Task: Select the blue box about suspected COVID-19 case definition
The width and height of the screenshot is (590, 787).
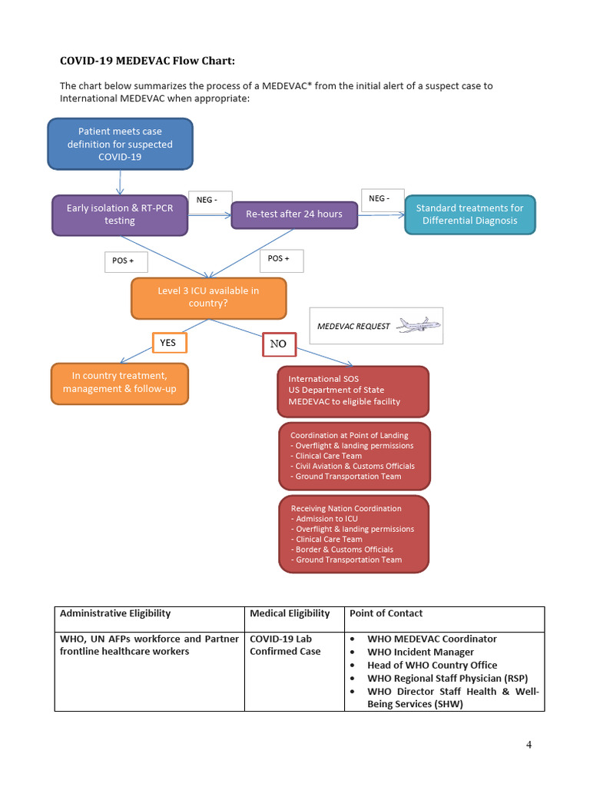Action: click(x=120, y=144)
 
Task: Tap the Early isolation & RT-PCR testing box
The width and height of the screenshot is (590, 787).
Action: click(x=120, y=214)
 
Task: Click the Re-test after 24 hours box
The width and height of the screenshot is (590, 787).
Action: click(x=294, y=214)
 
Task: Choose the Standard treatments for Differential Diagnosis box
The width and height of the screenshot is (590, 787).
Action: click(x=469, y=214)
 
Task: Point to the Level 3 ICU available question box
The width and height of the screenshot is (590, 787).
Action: click(x=208, y=297)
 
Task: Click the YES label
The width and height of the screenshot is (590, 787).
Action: click(x=169, y=343)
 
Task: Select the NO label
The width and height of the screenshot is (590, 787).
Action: click(x=278, y=344)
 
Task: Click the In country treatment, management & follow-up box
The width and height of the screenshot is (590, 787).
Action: click(x=119, y=382)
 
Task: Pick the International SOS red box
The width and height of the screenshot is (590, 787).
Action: click(x=353, y=390)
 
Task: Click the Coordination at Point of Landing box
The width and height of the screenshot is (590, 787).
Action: click(x=353, y=456)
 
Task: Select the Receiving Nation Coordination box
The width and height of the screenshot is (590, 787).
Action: click(x=353, y=534)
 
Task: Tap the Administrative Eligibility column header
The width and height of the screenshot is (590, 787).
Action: click(x=115, y=613)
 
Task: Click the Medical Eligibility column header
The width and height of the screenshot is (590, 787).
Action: click(x=290, y=613)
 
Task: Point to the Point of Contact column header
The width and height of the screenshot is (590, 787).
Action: click(x=386, y=613)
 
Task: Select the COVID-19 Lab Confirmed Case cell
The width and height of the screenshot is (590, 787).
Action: click(x=285, y=646)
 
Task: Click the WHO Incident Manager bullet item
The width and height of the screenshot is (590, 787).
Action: click(x=420, y=652)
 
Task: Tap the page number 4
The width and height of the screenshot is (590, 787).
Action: click(x=529, y=744)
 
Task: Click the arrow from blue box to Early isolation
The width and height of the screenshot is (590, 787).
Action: click(x=120, y=182)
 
